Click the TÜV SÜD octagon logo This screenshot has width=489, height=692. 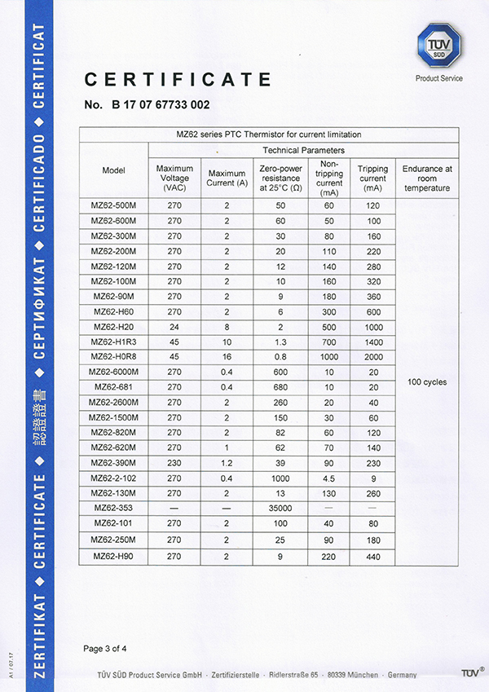click(x=438, y=46)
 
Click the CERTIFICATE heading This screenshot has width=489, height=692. click(x=178, y=79)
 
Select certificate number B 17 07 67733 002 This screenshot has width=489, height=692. click(x=147, y=105)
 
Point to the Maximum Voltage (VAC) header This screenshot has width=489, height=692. click(x=174, y=179)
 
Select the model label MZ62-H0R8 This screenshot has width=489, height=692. click(x=113, y=356)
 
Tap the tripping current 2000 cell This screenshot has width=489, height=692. click(x=372, y=356)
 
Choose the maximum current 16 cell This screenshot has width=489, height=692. click(x=227, y=356)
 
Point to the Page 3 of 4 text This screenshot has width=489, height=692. click(x=105, y=649)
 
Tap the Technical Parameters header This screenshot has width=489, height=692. click(x=303, y=150)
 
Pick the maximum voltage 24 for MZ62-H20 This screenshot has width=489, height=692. click(x=174, y=326)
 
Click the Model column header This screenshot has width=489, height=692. click(x=113, y=170)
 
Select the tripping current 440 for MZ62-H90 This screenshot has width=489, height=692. click(x=372, y=556)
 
